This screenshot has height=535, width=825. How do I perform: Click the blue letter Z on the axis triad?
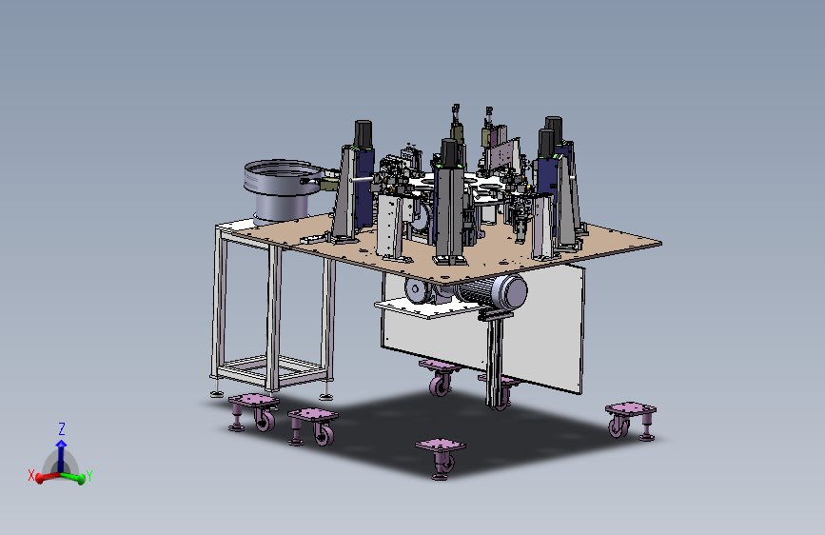[x=62, y=428]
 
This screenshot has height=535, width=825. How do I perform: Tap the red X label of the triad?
[x=31, y=475]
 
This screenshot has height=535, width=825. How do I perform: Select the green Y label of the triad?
[x=88, y=476]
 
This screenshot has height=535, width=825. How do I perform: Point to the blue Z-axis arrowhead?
[x=61, y=444]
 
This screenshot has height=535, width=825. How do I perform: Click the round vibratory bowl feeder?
[x=283, y=190]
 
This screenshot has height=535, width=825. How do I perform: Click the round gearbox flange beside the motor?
[x=417, y=290]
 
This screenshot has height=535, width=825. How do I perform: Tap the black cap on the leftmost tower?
[x=363, y=133]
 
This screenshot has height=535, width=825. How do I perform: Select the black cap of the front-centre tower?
[x=449, y=152]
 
